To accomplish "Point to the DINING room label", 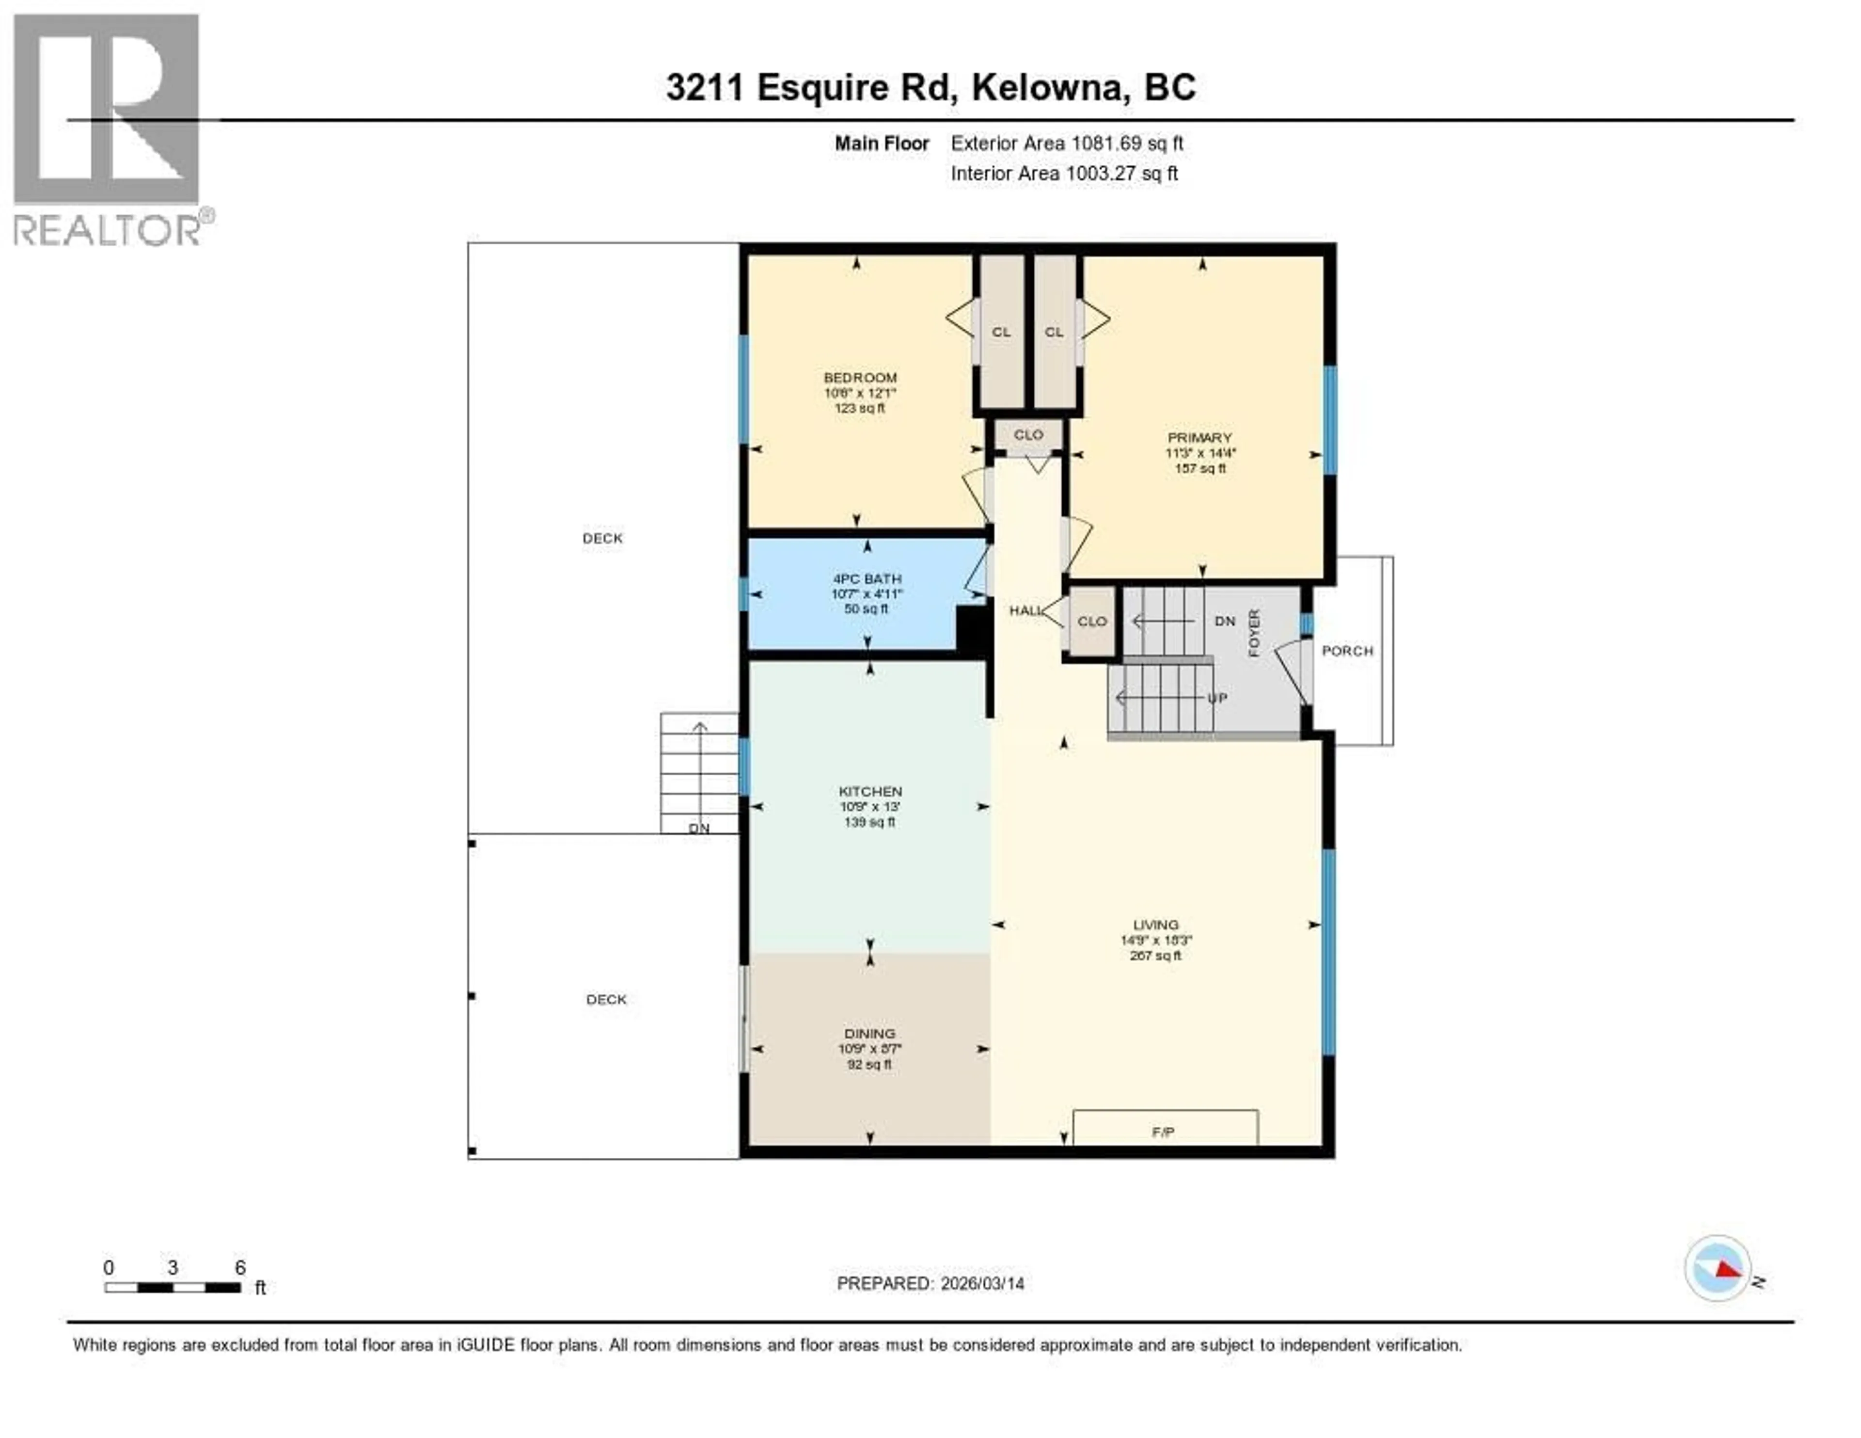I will coord(869,1033).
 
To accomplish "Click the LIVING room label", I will coord(1155,925).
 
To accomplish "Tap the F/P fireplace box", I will coord(1164,1128).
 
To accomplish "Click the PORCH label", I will coord(1347,650).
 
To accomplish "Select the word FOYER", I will coord(1253,633).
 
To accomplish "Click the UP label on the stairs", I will coord(1217,697).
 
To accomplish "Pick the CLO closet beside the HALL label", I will coord(1091,622).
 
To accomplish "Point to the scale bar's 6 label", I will coord(240,1267).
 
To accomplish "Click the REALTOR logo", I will coord(108,128).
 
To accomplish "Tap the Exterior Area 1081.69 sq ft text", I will coord(1067,143).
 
